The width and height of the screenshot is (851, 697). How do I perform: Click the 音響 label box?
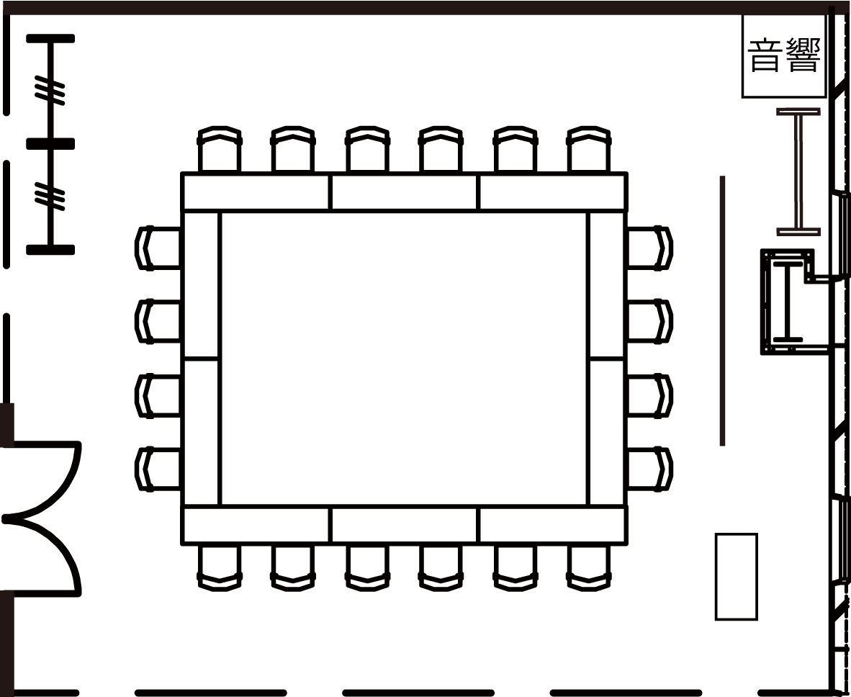click(x=784, y=56)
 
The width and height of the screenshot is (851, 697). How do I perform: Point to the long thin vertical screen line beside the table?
click(x=722, y=310)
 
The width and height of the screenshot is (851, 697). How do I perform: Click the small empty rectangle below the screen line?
click(x=736, y=577)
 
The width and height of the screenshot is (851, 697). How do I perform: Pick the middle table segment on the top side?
click(x=405, y=192)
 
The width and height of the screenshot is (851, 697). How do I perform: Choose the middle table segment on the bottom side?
click(x=405, y=525)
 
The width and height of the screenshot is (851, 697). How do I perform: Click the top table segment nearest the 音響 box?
click(x=553, y=192)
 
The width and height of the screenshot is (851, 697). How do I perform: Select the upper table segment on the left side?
click(x=201, y=285)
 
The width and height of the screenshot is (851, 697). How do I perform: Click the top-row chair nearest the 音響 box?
click(x=589, y=149)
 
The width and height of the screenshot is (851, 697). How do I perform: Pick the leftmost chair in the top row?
click(x=220, y=149)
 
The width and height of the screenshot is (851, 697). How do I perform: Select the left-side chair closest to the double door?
click(x=158, y=469)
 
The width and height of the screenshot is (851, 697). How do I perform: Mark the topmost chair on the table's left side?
click(x=158, y=248)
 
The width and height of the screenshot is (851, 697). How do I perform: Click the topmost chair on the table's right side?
click(x=650, y=248)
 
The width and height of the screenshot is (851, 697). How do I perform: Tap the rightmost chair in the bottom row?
click(x=589, y=567)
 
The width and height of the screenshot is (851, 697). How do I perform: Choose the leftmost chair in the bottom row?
click(x=220, y=567)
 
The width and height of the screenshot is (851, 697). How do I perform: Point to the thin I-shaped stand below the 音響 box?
click(x=798, y=171)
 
